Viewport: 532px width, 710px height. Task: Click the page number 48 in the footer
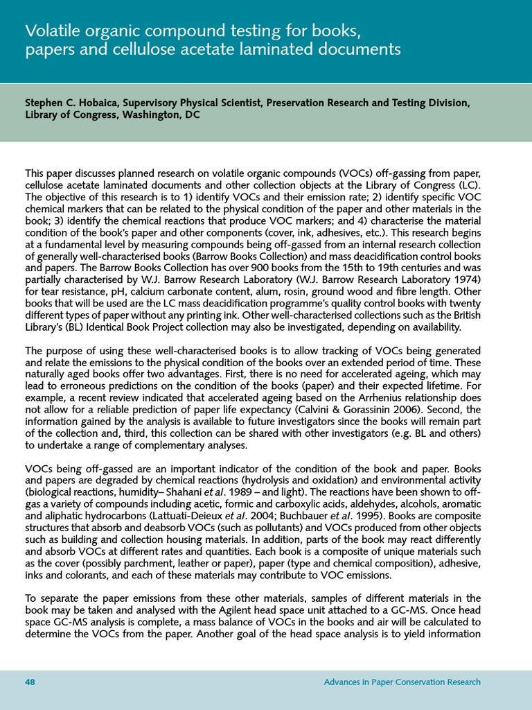click(30, 682)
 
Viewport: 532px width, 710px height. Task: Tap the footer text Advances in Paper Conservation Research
click(402, 682)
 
